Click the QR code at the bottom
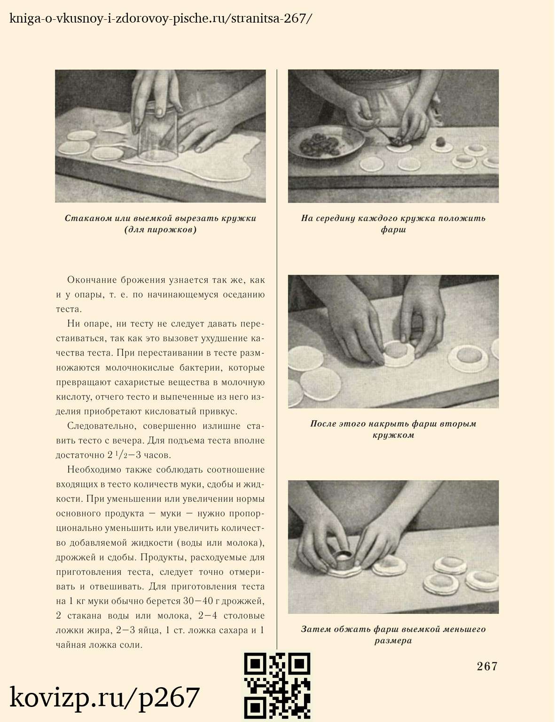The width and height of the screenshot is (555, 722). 277,686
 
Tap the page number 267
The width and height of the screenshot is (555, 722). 487,666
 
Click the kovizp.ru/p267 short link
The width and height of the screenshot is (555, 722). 105,697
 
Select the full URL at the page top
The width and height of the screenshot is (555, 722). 160,19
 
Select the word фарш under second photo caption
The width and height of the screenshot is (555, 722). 393,230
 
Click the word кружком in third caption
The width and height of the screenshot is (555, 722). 393,435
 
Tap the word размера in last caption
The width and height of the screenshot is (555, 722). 393,641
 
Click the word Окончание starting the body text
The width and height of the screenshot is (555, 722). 90,280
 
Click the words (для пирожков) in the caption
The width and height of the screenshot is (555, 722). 160,230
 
